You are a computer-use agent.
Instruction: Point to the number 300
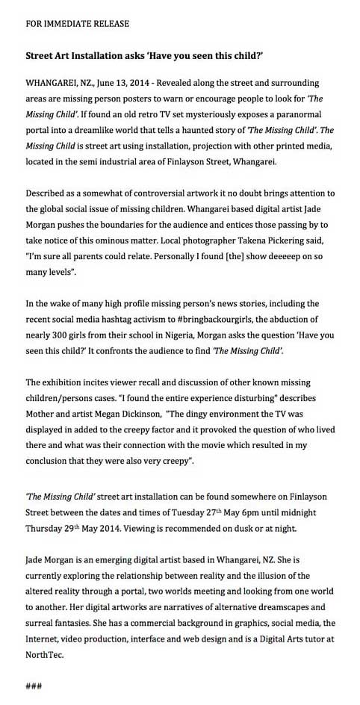coord(65,336)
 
